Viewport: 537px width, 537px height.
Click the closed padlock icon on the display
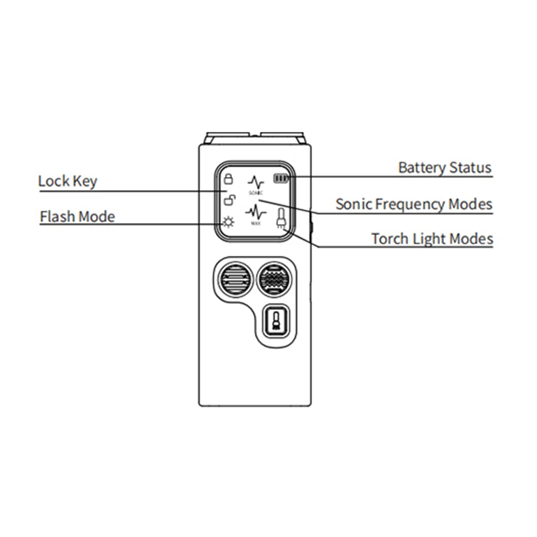point(228,179)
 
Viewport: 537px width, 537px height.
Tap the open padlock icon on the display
point(228,201)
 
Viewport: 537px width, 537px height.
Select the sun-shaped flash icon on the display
point(229,222)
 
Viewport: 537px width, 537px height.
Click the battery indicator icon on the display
point(281,179)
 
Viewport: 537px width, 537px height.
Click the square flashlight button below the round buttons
point(276,322)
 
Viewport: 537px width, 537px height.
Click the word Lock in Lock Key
point(54,181)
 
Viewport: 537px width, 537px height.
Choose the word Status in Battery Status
point(470,167)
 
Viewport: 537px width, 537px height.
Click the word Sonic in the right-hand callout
point(353,204)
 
